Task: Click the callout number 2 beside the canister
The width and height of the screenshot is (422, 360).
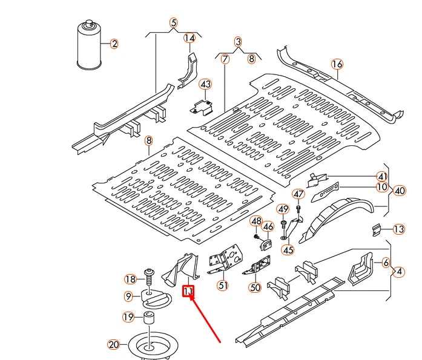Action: click(114, 44)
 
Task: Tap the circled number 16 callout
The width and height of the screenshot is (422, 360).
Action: click(337, 64)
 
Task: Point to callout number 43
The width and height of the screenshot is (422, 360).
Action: click(206, 84)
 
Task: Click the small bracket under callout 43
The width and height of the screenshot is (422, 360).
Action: click(203, 106)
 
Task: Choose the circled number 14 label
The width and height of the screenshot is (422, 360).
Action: click(190, 38)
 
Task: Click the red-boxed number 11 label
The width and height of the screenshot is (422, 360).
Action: click(188, 292)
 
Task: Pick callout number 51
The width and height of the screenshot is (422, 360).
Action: click(223, 286)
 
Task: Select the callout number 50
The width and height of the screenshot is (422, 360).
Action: click(255, 287)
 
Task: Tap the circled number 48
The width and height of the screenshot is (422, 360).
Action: click(256, 221)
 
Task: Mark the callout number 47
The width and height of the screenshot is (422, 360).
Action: click(298, 194)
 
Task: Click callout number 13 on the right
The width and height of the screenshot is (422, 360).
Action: click(398, 229)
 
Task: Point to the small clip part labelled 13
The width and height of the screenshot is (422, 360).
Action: click(377, 230)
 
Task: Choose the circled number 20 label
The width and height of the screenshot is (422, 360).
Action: click(114, 345)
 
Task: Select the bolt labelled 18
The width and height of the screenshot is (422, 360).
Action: click(148, 277)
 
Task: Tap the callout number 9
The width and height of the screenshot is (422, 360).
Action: click(128, 296)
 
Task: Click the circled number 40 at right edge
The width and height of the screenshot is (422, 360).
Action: click(400, 191)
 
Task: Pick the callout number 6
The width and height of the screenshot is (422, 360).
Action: click(386, 263)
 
